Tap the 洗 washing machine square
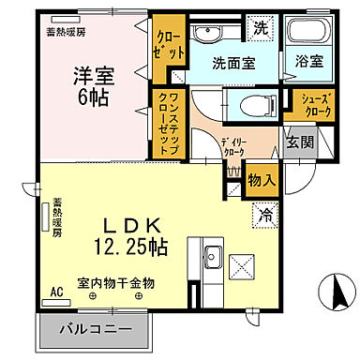pos(260,28)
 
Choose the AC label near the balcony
pos(56,292)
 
